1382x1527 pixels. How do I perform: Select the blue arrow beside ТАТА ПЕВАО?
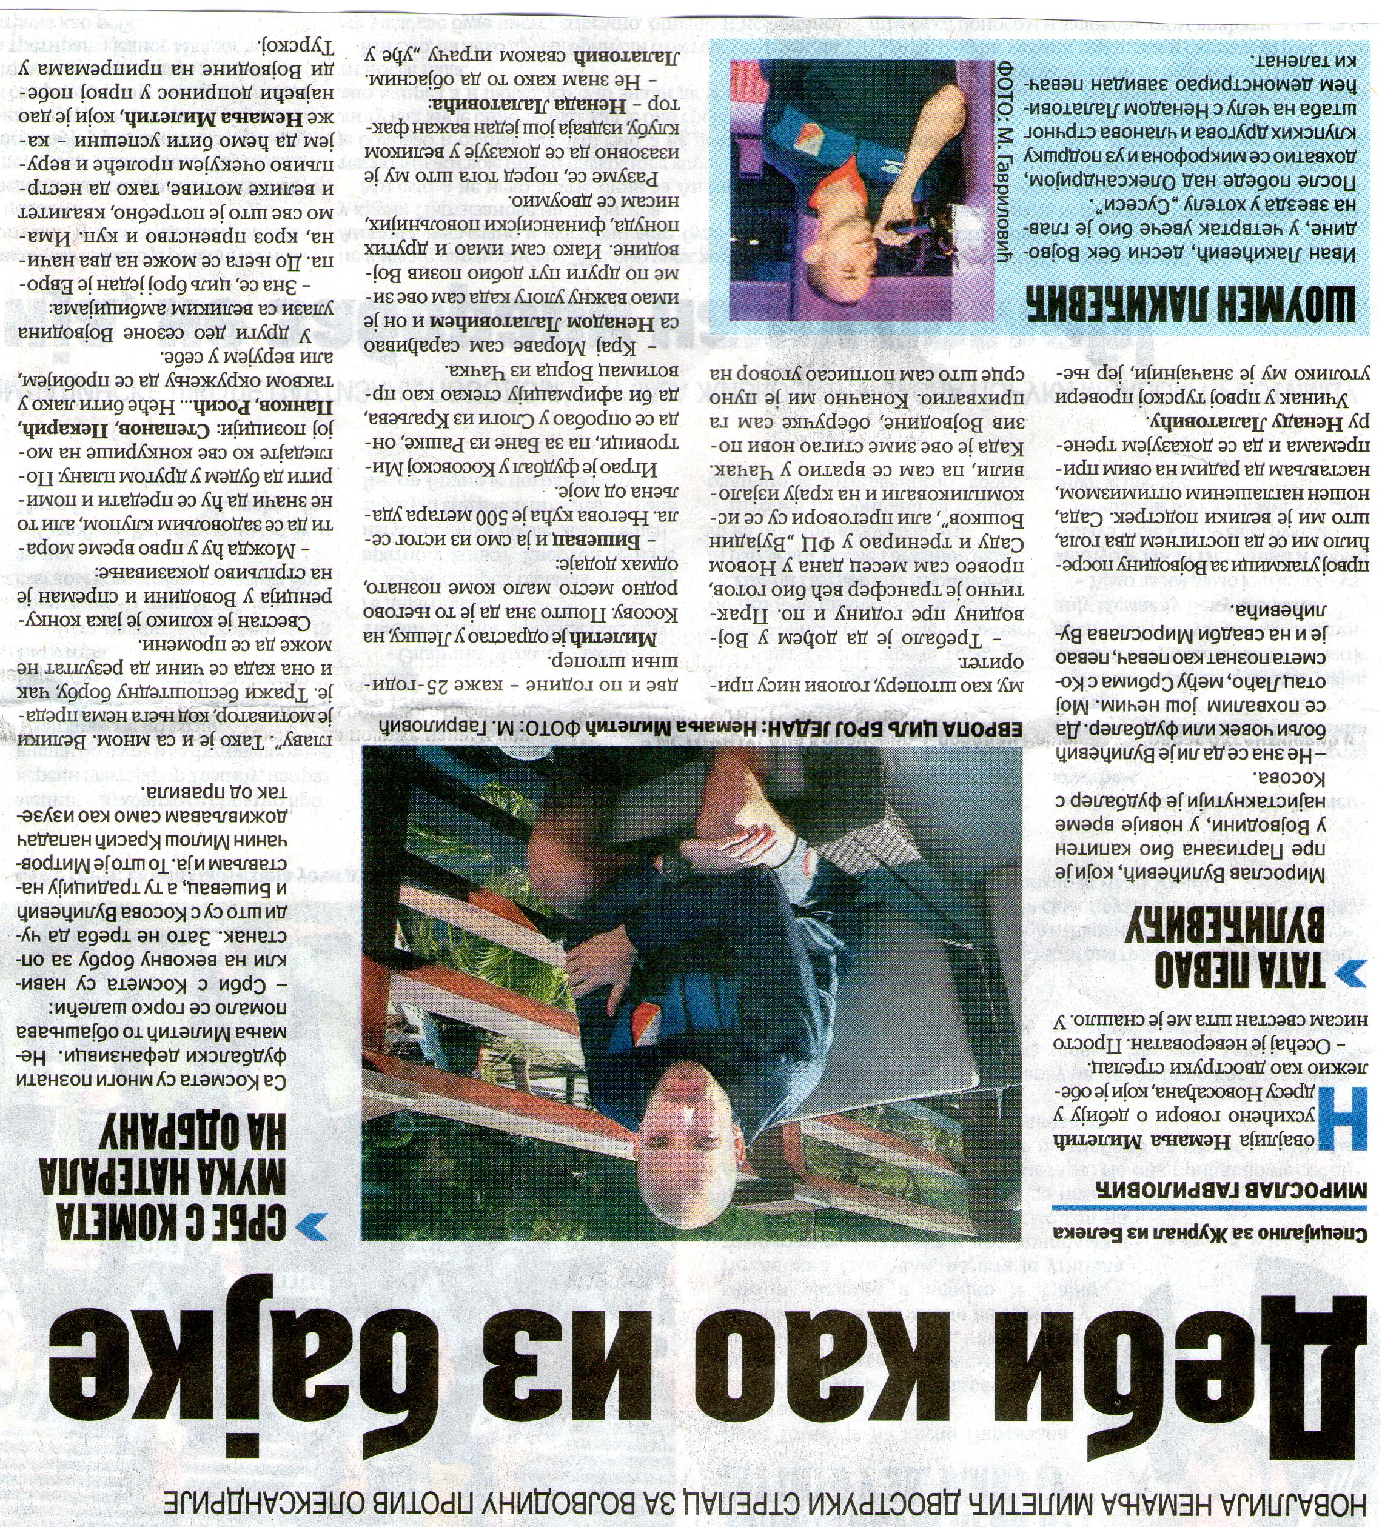(x=1352, y=974)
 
